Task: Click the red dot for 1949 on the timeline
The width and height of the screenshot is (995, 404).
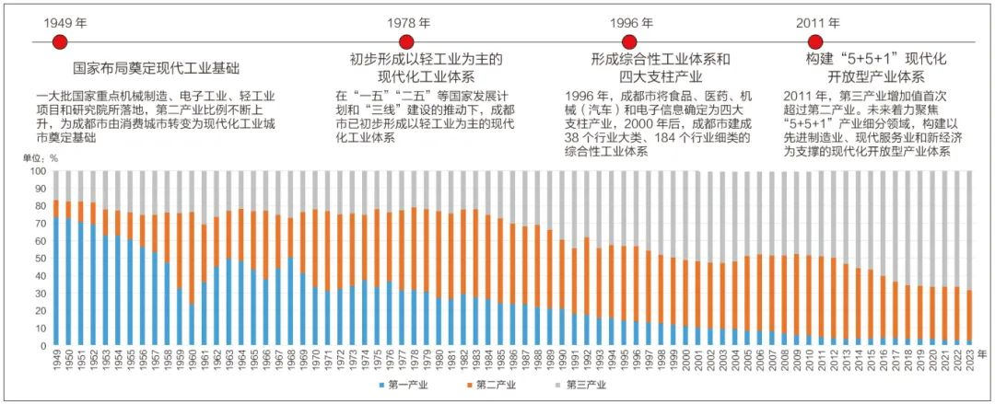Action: (x=60, y=42)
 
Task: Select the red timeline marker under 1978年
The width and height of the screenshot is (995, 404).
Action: (x=405, y=42)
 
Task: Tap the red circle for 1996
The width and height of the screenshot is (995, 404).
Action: (x=629, y=42)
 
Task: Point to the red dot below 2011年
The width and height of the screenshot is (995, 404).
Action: (x=814, y=42)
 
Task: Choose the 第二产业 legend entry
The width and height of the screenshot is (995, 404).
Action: (x=498, y=384)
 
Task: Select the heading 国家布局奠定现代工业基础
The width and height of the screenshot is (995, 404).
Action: (x=155, y=68)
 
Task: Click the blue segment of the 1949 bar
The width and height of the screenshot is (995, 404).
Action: (x=56, y=281)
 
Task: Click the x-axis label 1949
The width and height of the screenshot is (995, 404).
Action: (x=56, y=361)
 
